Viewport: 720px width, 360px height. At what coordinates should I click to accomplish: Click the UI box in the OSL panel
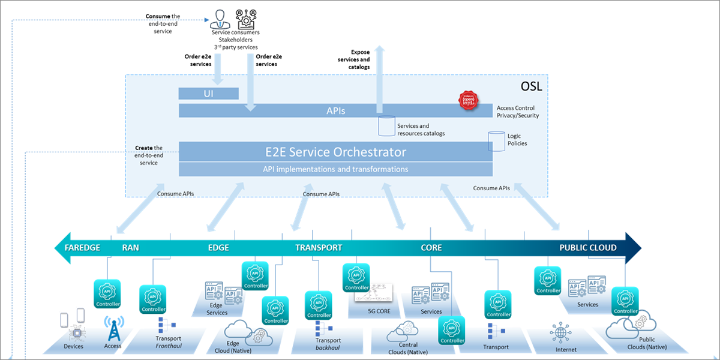[209, 94]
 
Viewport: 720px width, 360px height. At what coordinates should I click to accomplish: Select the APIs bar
[336, 110]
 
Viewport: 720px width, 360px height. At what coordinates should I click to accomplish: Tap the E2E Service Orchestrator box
[336, 152]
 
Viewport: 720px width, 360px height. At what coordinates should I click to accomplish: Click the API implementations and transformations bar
[336, 169]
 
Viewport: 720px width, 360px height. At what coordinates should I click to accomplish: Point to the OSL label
[532, 86]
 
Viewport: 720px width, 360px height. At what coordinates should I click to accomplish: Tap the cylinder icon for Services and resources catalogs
[385, 126]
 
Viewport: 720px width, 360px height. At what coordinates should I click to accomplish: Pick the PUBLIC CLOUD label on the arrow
[587, 247]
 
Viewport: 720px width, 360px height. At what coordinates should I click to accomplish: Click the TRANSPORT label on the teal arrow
[319, 247]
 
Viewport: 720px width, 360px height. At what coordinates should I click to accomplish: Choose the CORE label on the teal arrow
[431, 247]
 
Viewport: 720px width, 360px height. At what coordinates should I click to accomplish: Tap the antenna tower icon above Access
[113, 328]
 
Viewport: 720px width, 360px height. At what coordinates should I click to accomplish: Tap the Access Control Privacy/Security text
[518, 112]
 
